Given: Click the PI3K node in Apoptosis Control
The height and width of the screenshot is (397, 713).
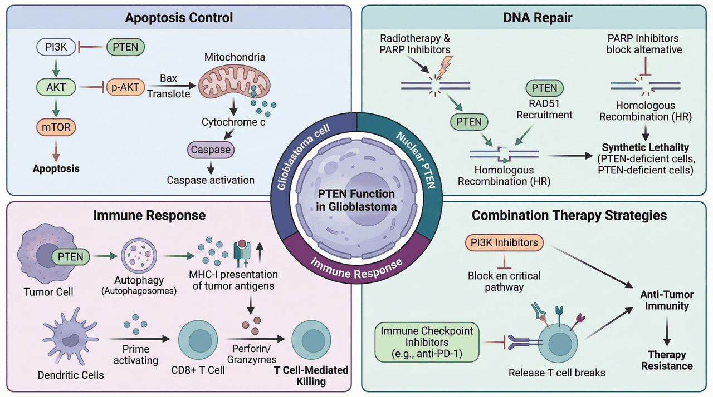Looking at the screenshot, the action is tap(56, 47).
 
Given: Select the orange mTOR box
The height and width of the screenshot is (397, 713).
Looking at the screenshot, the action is tap(56, 127).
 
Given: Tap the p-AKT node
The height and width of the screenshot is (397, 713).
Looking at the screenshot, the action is tap(125, 87).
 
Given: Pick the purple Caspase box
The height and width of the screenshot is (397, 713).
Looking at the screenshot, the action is tap(211, 150).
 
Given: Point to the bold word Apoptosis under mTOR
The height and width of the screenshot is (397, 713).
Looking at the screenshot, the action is tap(56, 168).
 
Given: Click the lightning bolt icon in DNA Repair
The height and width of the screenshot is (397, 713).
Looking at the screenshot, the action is tap(444, 68).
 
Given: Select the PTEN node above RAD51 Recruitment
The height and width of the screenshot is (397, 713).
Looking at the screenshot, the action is tap(544, 88).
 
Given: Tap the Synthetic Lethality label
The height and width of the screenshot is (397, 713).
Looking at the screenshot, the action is tap(646, 147).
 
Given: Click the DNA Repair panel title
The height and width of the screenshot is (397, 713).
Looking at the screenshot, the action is tap(538, 17).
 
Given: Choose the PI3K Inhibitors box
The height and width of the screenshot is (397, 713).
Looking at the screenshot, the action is tap(504, 242).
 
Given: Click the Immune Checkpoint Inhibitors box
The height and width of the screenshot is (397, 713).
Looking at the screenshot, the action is tap(427, 343).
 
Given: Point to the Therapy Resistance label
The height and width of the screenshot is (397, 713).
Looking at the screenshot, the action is tap(667, 360).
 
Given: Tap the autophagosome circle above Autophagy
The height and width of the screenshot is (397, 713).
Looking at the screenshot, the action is tap(139, 256).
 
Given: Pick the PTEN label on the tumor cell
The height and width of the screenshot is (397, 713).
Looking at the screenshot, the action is tap(70, 257).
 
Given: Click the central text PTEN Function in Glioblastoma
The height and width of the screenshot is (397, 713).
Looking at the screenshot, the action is tap(356, 200).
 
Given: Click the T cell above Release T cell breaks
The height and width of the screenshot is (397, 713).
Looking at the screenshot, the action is tap(558, 343).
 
